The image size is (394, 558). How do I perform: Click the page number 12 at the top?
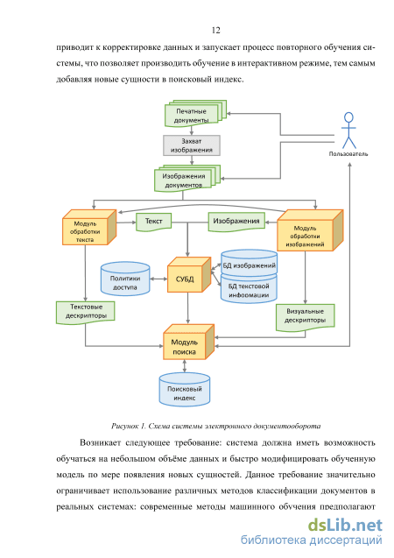[x=216, y=31]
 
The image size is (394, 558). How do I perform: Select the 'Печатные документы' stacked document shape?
[x=195, y=114]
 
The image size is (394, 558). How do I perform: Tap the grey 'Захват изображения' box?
[x=192, y=145]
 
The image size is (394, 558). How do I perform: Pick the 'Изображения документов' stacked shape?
[x=187, y=178]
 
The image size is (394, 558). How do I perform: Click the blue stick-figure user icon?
[x=348, y=131]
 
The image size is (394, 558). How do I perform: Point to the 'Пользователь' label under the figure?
[x=348, y=154]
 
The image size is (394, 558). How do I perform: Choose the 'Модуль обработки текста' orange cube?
[x=89, y=228]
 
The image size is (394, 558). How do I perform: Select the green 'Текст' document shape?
[x=154, y=222]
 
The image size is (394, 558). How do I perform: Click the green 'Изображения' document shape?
[x=236, y=222]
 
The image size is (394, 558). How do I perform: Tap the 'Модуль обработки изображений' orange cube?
[x=310, y=230]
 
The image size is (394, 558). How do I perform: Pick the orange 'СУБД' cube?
[x=189, y=274]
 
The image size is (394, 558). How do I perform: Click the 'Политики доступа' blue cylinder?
[x=125, y=279]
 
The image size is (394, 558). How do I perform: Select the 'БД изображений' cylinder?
[x=249, y=262]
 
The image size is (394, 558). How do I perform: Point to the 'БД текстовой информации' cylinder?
[x=249, y=289]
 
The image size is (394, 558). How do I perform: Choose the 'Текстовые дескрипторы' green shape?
[x=85, y=312]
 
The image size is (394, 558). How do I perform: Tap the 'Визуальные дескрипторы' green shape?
[x=305, y=317]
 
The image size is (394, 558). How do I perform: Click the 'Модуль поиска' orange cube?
[x=188, y=342]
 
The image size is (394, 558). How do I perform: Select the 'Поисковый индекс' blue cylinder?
[x=184, y=390]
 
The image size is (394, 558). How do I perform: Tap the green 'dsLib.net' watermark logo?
[x=345, y=526]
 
